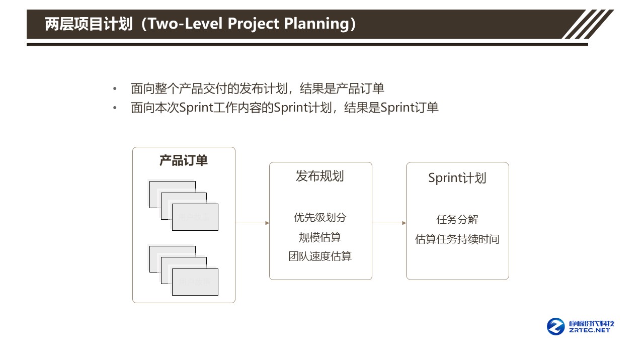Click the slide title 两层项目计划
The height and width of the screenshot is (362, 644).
(89, 24)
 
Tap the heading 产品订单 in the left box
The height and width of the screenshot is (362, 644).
(184, 160)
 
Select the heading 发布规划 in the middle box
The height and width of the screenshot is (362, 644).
(320, 176)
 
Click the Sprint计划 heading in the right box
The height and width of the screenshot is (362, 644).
(457, 178)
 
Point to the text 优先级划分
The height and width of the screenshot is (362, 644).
(320, 218)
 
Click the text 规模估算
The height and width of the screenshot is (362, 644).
(320, 237)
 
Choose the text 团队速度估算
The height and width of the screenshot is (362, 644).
(320, 256)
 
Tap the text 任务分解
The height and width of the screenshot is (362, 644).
(457, 220)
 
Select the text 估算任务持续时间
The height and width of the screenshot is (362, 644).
(457, 239)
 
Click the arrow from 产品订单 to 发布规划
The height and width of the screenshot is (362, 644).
(252, 223)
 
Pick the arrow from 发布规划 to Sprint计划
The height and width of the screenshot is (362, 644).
(389, 223)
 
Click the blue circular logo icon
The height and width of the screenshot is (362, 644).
(556, 326)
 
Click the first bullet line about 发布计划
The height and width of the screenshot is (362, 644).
(257, 89)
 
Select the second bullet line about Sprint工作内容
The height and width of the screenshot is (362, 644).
(284, 108)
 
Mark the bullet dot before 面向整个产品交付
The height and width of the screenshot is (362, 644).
(115, 89)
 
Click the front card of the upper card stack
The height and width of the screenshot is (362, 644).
(195, 217)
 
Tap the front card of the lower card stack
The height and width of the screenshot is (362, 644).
(195, 282)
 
